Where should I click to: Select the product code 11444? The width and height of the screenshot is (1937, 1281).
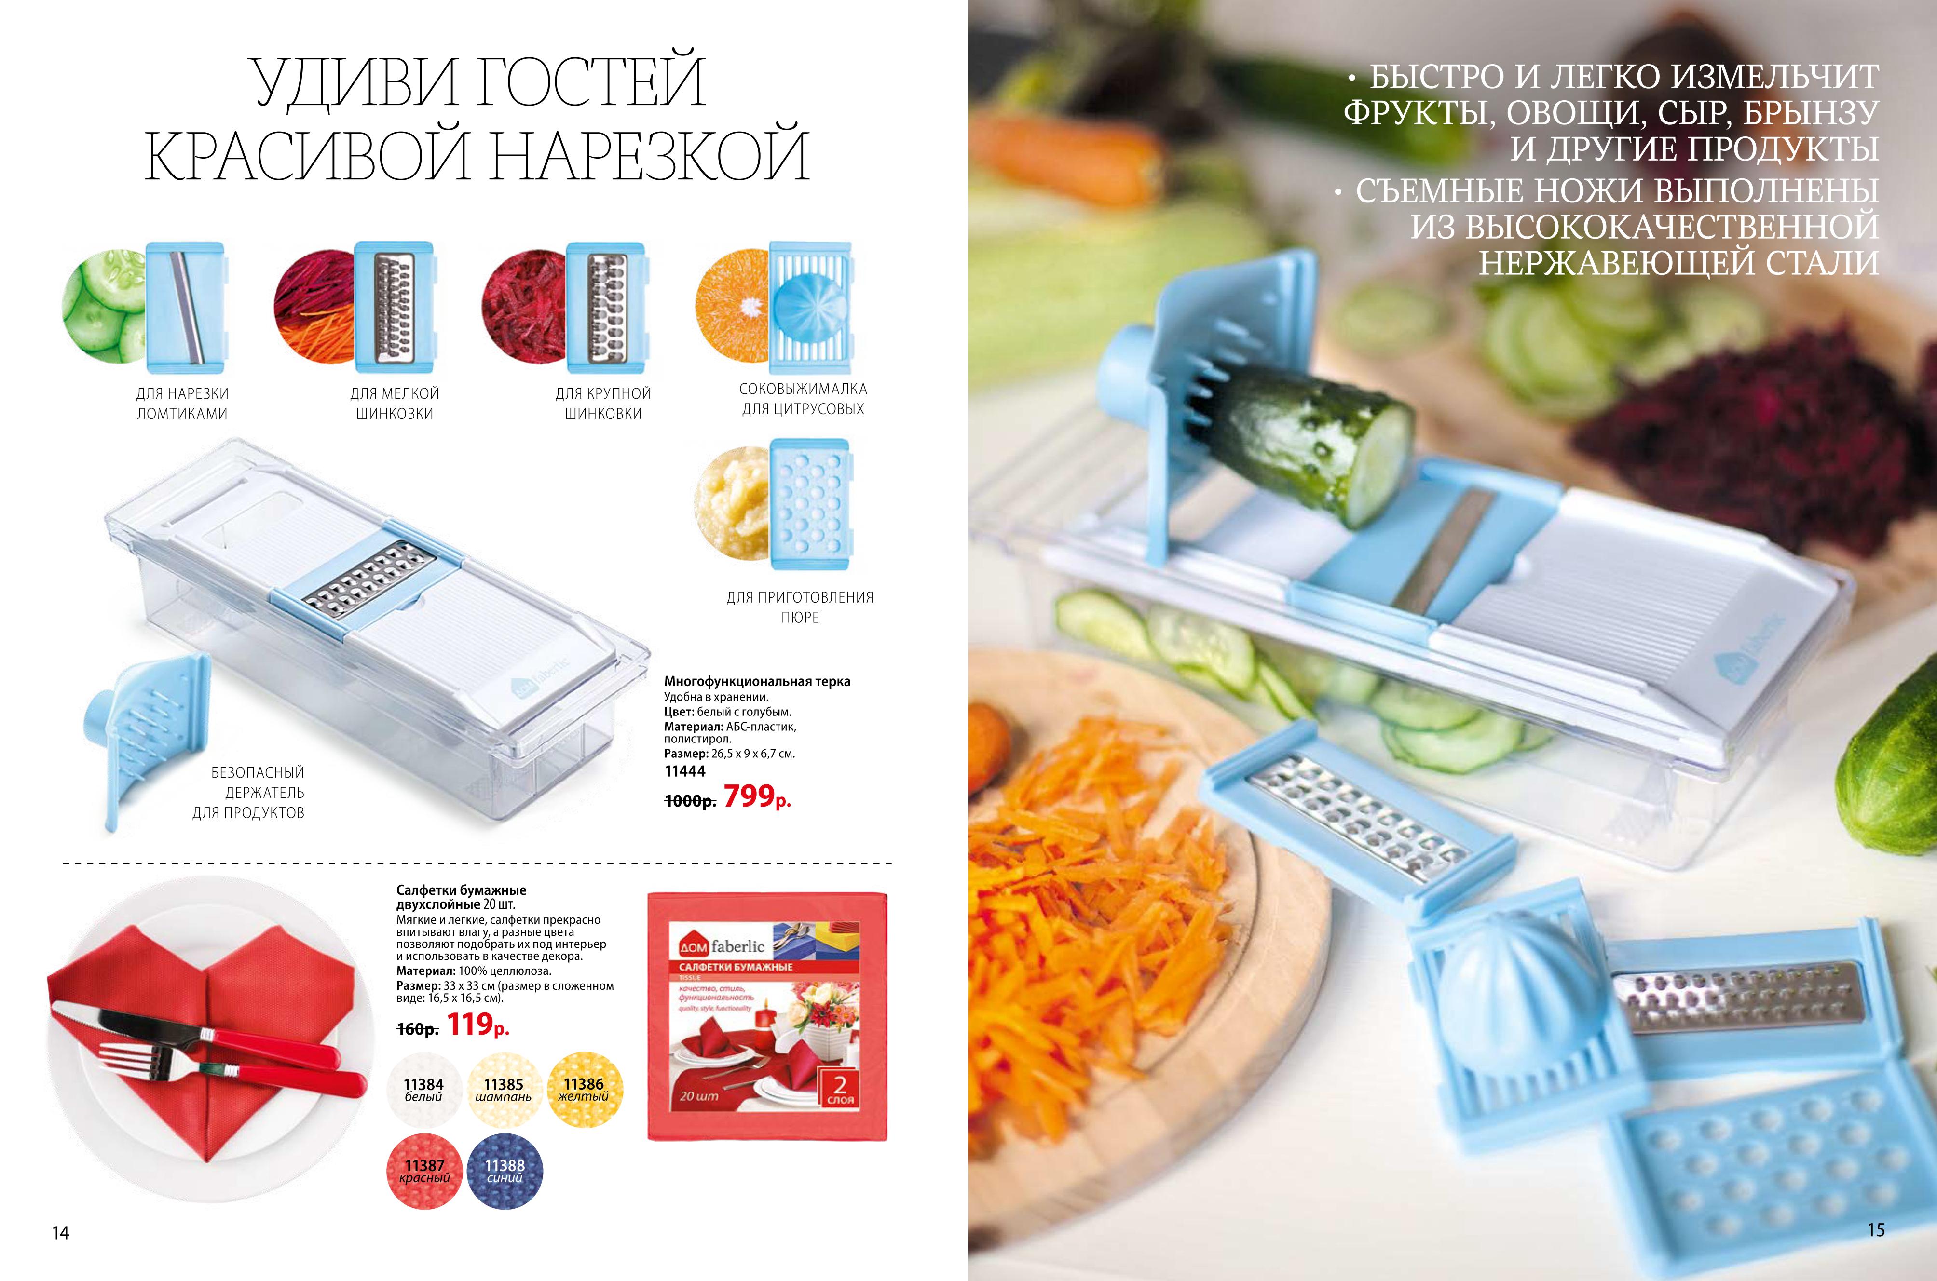pyautogui.click(x=685, y=771)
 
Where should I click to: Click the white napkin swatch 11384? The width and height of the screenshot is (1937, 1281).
pyautogui.click(x=423, y=1090)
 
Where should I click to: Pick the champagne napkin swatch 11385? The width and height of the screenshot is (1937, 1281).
pyautogui.click(x=504, y=1090)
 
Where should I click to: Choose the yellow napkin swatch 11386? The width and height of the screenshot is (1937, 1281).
pyautogui.click(x=584, y=1090)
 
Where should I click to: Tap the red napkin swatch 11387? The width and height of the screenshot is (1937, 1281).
pyautogui.click(x=424, y=1171)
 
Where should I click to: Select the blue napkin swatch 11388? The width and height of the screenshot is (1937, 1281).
pyautogui.click(x=505, y=1171)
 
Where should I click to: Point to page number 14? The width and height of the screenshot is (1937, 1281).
pyautogui.click(x=60, y=1233)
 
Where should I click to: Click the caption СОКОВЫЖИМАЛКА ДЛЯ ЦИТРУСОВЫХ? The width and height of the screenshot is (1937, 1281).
pyautogui.click(x=803, y=399)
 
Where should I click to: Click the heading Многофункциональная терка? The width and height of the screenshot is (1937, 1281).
pyautogui.click(x=757, y=681)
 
